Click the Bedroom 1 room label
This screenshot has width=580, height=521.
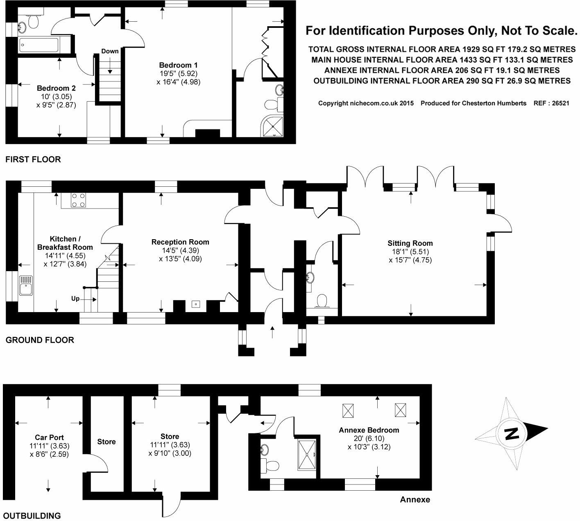(178, 65)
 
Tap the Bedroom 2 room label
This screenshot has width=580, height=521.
(57, 88)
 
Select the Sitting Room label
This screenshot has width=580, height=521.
(410, 243)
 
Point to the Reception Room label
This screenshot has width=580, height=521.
(180, 242)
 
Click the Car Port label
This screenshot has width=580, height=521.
(49, 437)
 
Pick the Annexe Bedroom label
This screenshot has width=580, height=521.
(369, 430)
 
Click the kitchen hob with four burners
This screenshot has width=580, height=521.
(79, 200)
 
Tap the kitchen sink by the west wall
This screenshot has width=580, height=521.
(26, 285)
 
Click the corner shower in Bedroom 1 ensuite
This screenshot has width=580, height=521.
(272, 126)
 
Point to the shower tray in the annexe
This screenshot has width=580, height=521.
(307, 455)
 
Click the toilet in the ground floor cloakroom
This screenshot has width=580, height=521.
(322, 301)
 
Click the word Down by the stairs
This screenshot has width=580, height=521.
(110, 51)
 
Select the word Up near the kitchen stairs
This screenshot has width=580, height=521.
(75, 299)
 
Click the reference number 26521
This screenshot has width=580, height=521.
(560, 103)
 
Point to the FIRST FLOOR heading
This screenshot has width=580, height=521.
(33, 159)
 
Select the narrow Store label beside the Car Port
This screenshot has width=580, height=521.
(106, 442)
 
